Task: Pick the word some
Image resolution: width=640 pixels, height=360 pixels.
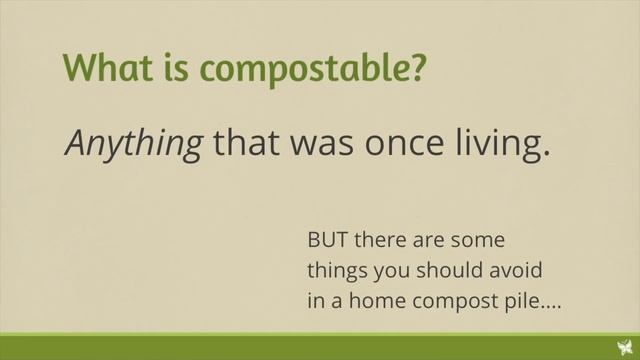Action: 478,241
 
